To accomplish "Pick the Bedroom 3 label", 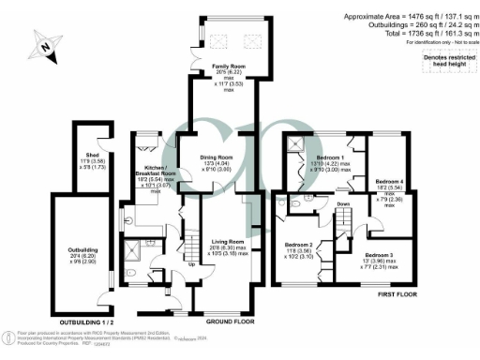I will [381, 255].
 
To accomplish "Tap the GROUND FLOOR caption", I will [232, 322].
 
